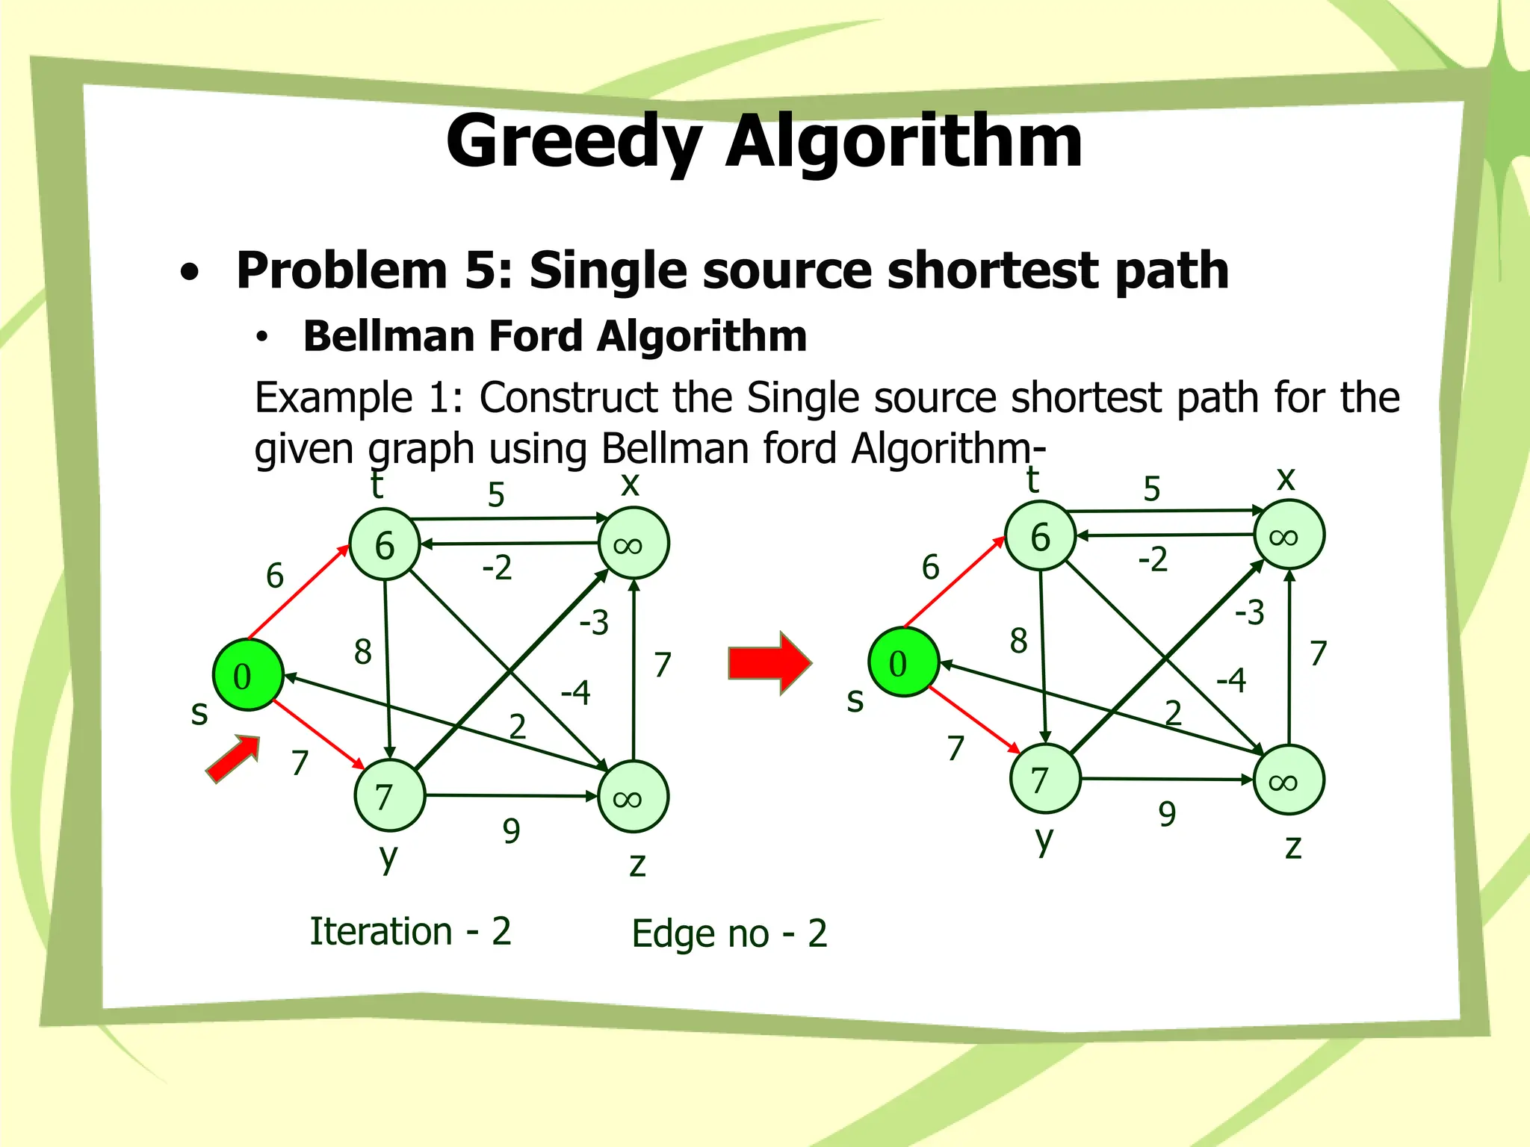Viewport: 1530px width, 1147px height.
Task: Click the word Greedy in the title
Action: click(574, 142)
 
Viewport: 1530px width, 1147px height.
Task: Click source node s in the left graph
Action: click(247, 675)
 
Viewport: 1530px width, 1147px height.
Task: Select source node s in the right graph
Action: click(903, 662)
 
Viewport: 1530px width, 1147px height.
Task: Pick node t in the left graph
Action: click(385, 544)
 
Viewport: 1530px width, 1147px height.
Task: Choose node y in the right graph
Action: click(1044, 779)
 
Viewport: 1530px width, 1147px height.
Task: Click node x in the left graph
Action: click(633, 544)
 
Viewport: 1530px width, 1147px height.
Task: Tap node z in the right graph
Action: click(1289, 780)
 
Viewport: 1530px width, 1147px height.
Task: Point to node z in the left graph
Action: click(633, 798)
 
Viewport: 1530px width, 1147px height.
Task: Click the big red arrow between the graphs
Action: click(769, 662)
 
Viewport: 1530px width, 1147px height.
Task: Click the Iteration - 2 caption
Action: click(410, 931)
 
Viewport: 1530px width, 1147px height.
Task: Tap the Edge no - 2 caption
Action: click(729, 933)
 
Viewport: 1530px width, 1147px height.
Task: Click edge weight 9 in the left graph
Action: click(511, 830)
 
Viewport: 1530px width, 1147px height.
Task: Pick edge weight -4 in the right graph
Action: click(1230, 680)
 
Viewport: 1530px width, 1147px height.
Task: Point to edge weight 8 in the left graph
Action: click(362, 652)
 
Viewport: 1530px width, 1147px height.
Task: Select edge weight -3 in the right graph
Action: click(1249, 613)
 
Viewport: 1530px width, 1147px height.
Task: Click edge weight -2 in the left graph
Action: click(497, 568)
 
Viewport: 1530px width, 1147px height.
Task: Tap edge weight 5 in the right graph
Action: click(1151, 489)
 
